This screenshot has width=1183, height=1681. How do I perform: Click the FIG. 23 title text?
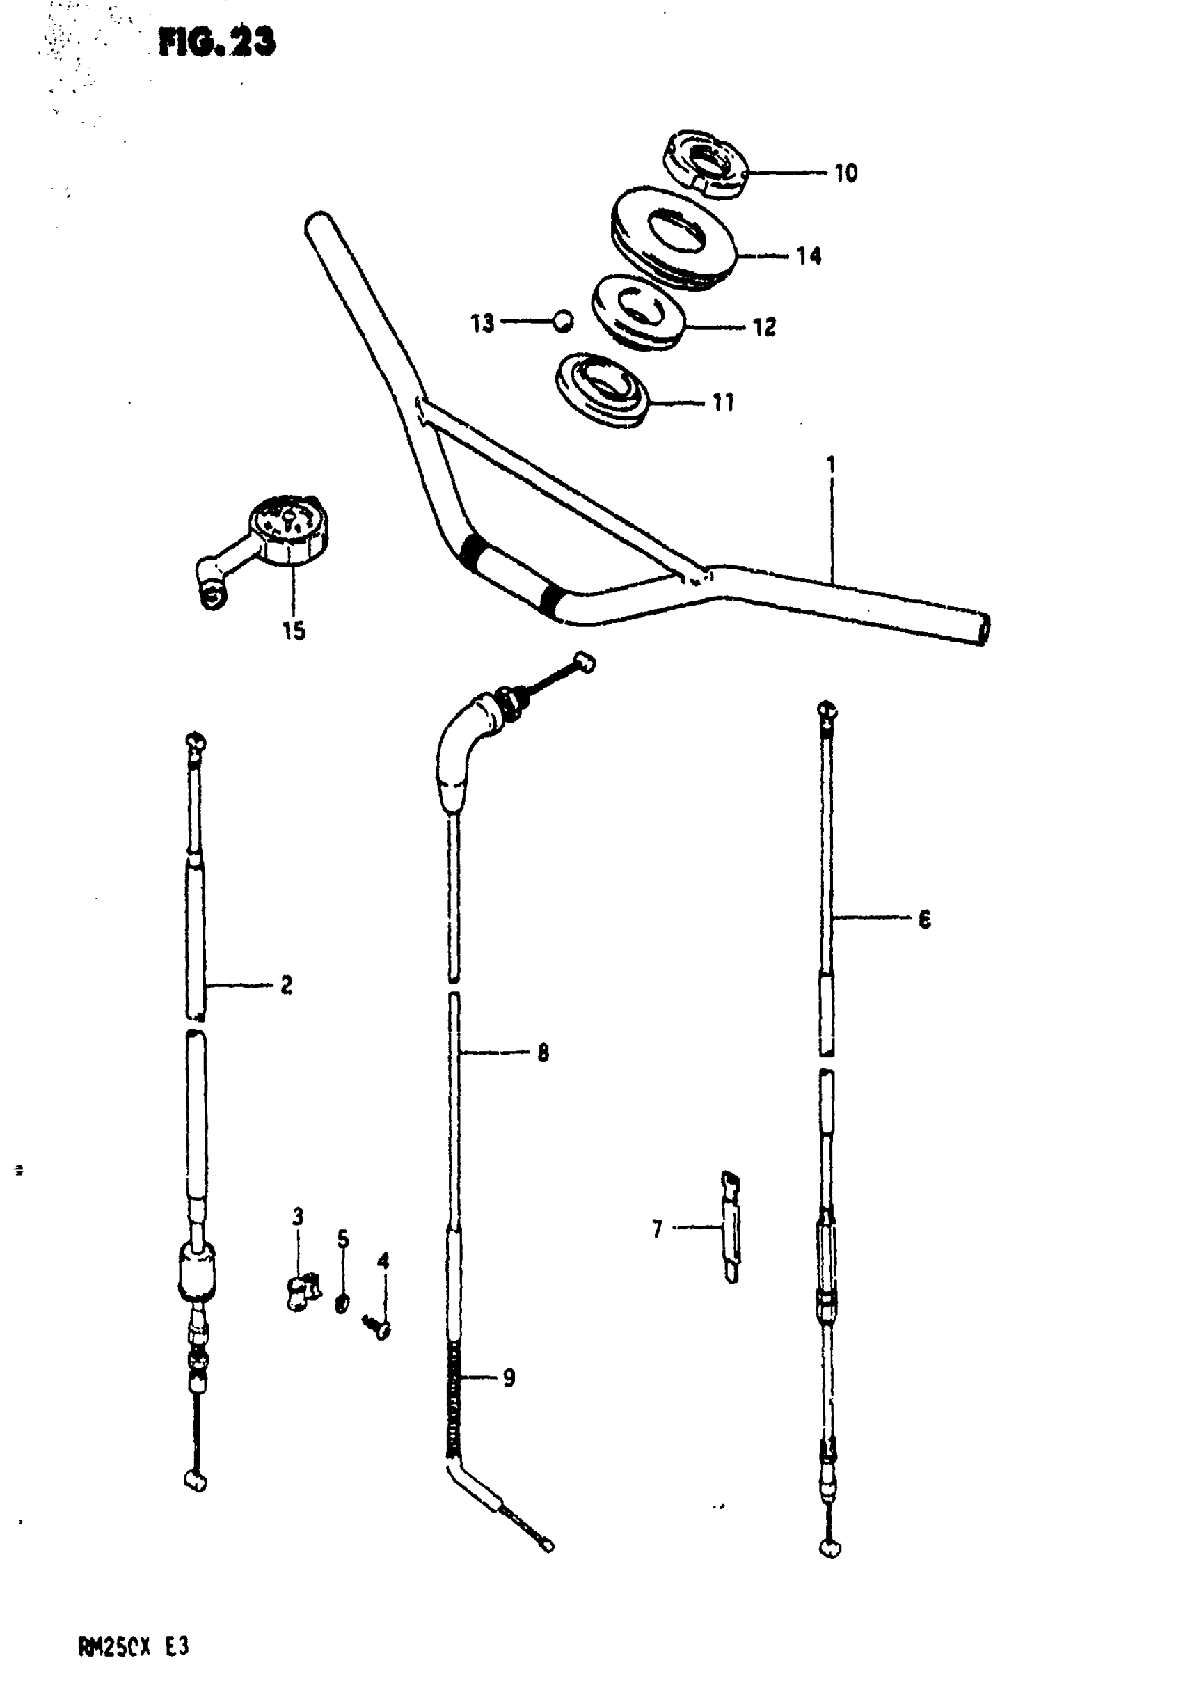pos(216,42)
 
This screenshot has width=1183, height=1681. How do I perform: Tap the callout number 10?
pos(845,173)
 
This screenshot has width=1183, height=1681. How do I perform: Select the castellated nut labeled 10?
pos(705,164)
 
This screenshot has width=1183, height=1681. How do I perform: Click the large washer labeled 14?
pos(673,237)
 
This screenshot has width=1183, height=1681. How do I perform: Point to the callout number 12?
pos(764,327)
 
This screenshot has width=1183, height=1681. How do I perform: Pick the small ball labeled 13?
pos(562,321)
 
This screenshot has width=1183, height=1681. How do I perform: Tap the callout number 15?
pos(294,631)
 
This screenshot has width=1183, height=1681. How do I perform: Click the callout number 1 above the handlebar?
pos(831,465)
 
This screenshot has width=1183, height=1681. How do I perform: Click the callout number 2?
pos(286,985)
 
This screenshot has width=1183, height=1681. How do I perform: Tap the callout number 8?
pos(543,1053)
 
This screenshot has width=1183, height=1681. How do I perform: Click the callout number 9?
pos(509,1378)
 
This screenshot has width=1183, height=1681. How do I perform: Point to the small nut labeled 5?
pos(342,1302)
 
